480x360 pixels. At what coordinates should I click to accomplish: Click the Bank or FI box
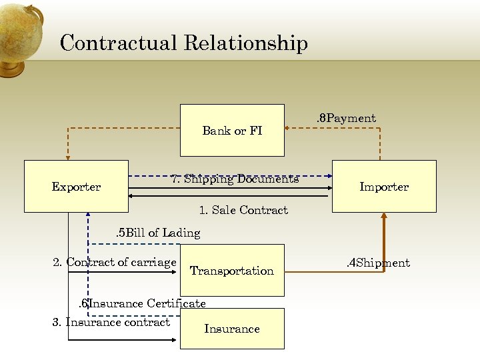click(x=232, y=130)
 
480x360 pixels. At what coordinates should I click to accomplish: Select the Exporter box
click(x=76, y=186)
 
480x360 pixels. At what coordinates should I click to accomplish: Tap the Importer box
click(x=384, y=186)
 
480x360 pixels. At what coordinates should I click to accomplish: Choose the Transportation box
click(x=232, y=270)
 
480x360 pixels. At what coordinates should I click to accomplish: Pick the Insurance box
click(x=232, y=328)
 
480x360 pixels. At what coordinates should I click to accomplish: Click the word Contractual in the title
click(x=117, y=43)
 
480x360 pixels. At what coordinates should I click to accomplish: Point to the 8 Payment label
click(x=345, y=119)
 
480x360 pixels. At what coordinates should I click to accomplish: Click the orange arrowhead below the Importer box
click(x=384, y=216)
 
